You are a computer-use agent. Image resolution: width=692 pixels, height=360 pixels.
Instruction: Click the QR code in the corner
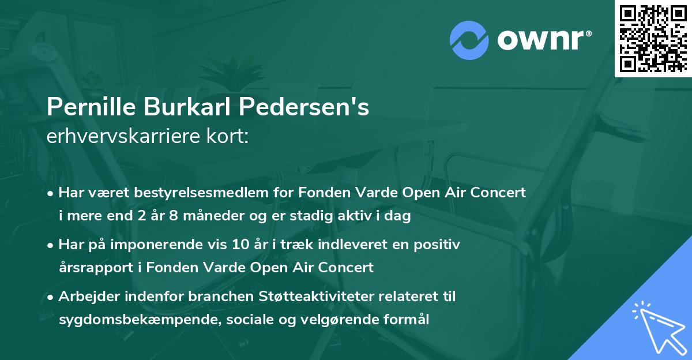(x=653, y=38)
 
